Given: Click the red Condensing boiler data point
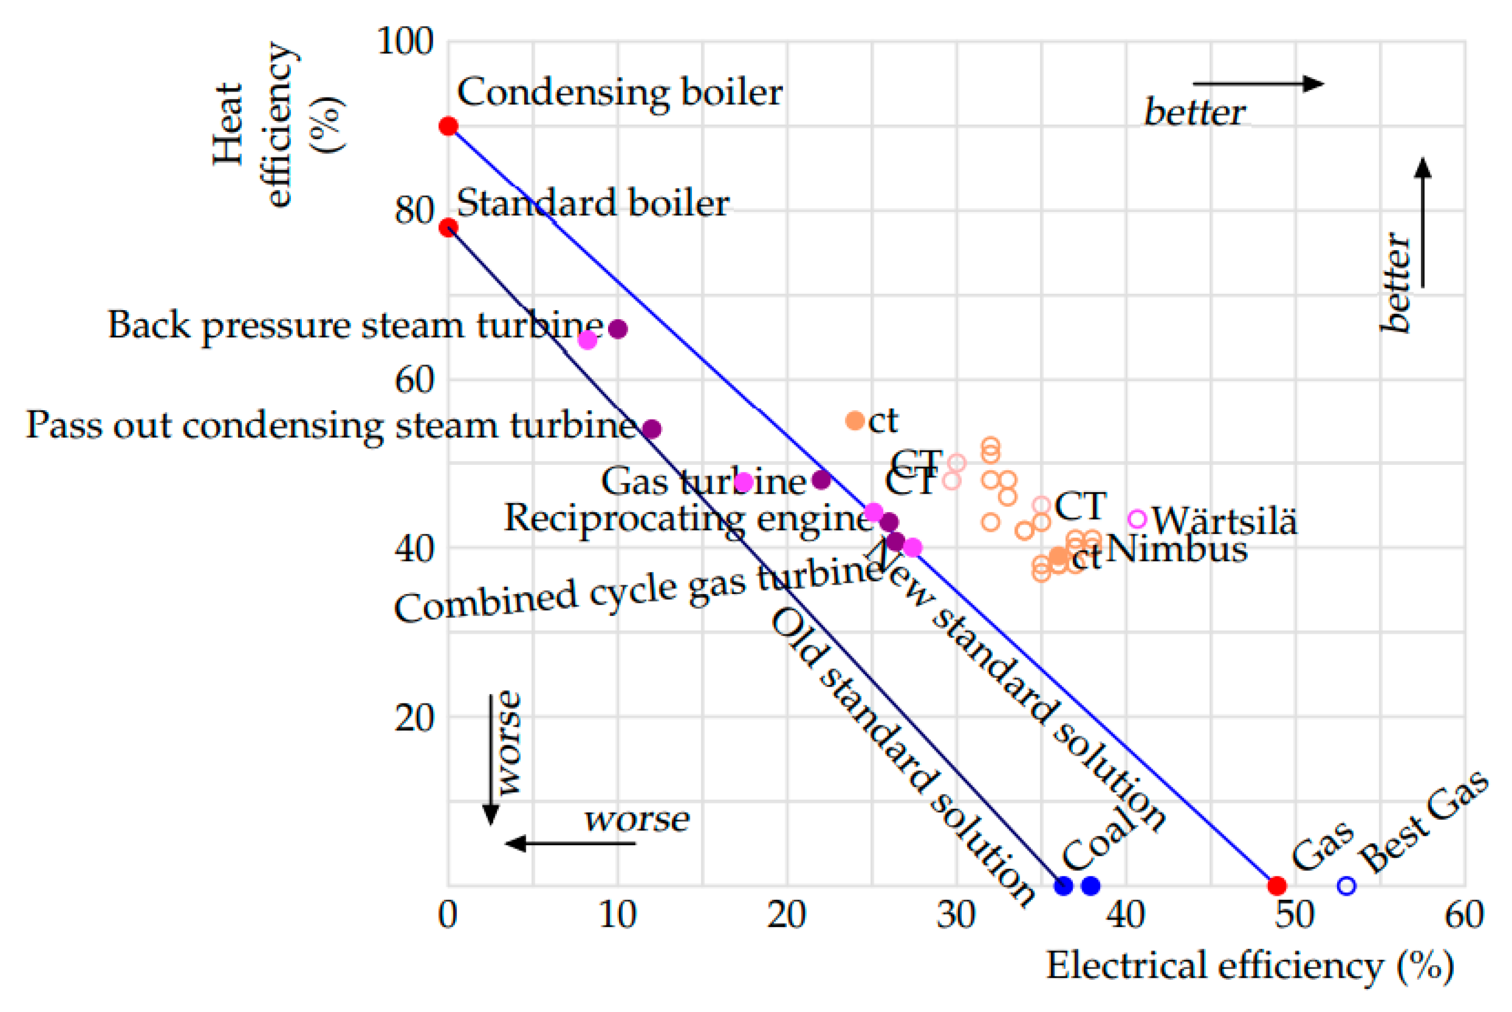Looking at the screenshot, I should click(448, 126).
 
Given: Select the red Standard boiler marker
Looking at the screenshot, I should click(448, 227).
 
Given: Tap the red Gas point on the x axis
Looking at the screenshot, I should click(1277, 886).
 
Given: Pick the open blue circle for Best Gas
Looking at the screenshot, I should click(1345, 886).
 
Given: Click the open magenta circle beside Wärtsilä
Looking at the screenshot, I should click(1137, 518).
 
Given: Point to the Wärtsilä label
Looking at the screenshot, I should click(1224, 521).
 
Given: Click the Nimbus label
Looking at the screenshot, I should click(1176, 550).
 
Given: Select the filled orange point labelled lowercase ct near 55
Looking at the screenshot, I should click(854, 421).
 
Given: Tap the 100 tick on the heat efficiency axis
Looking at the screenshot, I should click(405, 42).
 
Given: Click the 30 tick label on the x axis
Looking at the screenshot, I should click(956, 915).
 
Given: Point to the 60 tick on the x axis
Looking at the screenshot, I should click(1464, 915).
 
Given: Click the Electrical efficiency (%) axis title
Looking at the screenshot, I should click(1249, 967).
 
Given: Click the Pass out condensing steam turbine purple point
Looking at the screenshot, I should click(652, 428).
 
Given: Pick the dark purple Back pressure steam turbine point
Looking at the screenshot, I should click(617, 329).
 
